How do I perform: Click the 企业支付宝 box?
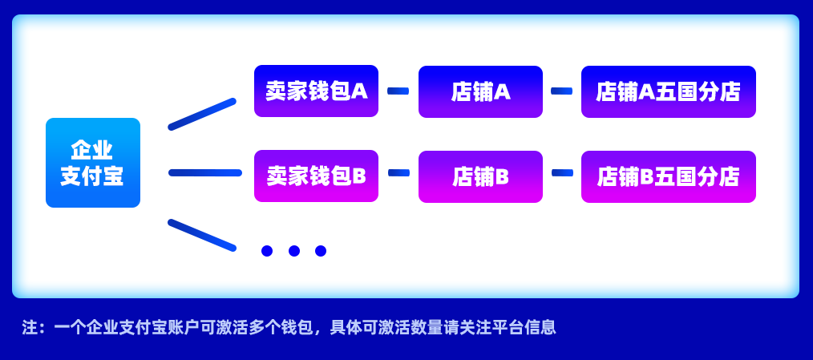pos(93,163)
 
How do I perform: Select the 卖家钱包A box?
pos(316,91)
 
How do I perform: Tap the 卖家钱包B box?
pos(316,176)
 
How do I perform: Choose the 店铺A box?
pos(480,91)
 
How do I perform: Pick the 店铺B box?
pos(480,176)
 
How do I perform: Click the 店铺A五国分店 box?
pos(668,91)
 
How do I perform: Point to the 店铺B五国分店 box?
pos(668,176)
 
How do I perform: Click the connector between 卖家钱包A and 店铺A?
pos(398,91)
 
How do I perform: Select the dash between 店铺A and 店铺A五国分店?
pos(561,91)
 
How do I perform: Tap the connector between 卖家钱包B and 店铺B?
pos(398,172)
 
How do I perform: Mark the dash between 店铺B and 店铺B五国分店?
pos(562,172)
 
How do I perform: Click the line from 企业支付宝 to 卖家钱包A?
pos(202,114)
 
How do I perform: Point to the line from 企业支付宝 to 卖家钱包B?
pos(205,172)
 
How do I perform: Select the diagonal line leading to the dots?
pos(202,235)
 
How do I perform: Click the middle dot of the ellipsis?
pos(294,251)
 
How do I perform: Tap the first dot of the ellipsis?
pos(267,251)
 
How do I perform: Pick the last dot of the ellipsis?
pos(321,251)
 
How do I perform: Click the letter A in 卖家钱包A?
pos(360,91)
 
